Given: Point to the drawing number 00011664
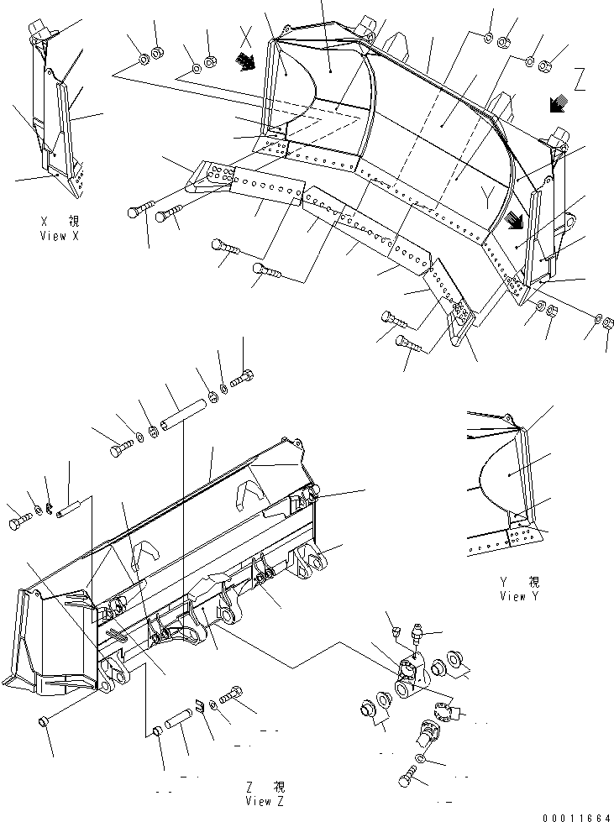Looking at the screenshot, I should click(578, 816).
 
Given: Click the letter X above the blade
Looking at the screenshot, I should click(246, 35).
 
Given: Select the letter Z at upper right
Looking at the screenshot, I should click(580, 81).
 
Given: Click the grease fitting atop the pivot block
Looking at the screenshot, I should click(417, 639).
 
